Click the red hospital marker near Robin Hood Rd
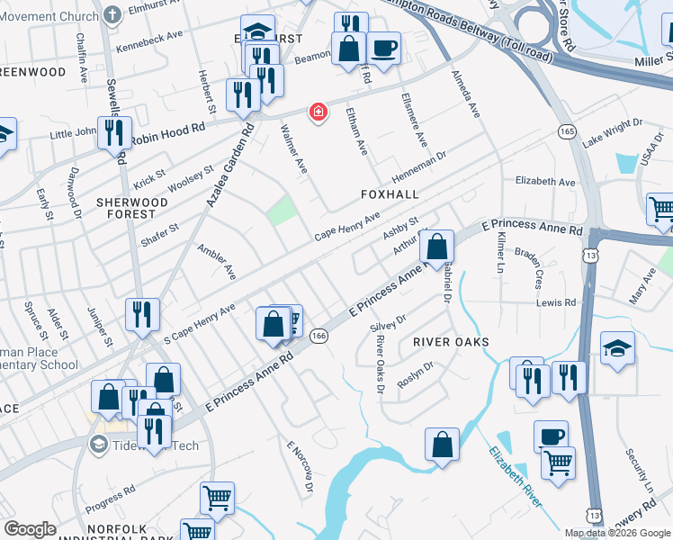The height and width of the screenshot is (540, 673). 317,112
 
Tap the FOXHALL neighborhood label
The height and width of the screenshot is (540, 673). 390,194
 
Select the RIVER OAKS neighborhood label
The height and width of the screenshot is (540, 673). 451,342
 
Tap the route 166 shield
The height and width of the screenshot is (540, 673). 319,335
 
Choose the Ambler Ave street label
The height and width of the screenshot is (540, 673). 217,260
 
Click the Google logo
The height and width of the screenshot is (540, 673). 31,529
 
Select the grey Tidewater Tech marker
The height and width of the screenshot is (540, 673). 98,445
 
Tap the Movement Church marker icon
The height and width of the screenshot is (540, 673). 112,15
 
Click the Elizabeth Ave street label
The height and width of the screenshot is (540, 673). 544,182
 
